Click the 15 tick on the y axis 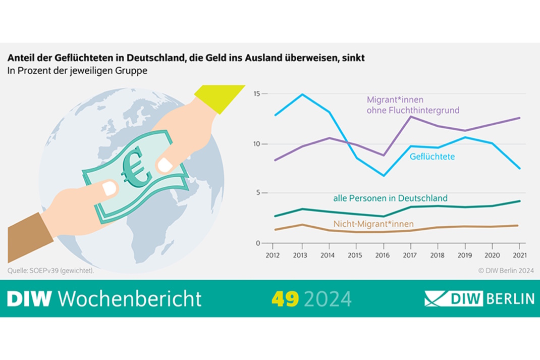point(257,94)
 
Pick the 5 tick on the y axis point(259,193)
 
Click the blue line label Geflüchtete point(431,157)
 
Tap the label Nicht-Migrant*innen point(373,224)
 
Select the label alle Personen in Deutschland point(390,198)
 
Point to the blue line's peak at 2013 point(302,94)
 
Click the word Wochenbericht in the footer point(130,298)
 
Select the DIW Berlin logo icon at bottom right point(439,298)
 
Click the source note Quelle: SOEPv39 point(50,271)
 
